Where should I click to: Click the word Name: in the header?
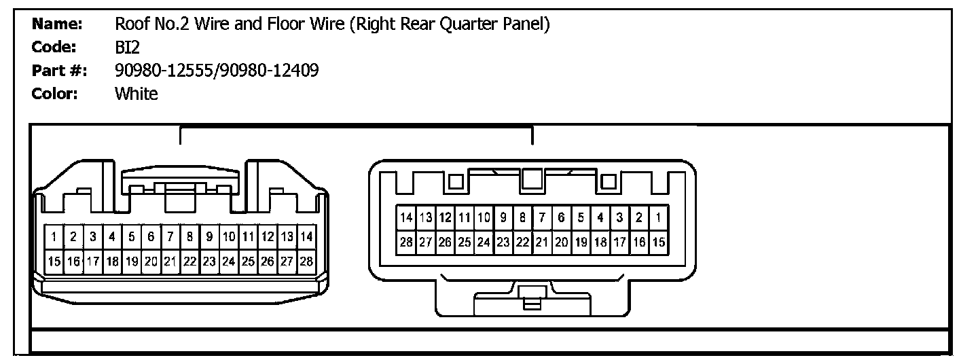point(58,25)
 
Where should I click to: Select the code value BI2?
point(127,48)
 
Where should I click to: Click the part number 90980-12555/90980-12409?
point(217,70)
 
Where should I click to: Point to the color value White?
point(137,93)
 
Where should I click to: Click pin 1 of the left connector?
point(53,237)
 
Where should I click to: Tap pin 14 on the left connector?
point(307,237)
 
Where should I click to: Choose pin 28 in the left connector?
point(307,261)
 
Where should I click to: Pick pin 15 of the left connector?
point(53,261)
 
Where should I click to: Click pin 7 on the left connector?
point(170,237)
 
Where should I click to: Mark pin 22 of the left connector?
point(189,261)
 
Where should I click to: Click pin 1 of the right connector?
point(658,218)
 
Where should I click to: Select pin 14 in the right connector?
point(406,218)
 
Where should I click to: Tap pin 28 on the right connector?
point(406,242)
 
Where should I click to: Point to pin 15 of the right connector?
point(658,242)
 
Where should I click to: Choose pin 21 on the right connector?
point(542,242)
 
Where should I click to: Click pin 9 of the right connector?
point(503,218)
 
